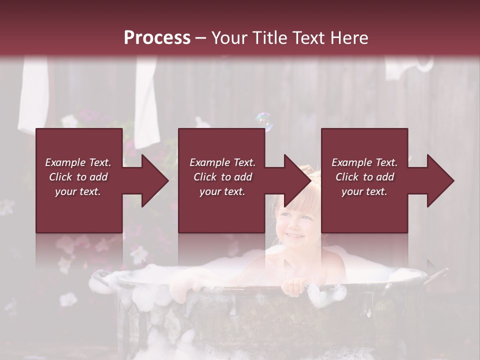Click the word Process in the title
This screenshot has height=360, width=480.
point(157,38)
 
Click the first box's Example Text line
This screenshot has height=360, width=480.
point(78,162)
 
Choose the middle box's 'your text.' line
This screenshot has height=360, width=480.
point(222,191)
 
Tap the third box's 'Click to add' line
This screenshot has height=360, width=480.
point(364,177)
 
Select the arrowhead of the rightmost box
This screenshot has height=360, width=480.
point(440,180)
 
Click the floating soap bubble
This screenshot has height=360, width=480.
point(264,121)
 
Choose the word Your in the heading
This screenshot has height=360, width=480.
point(229,38)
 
